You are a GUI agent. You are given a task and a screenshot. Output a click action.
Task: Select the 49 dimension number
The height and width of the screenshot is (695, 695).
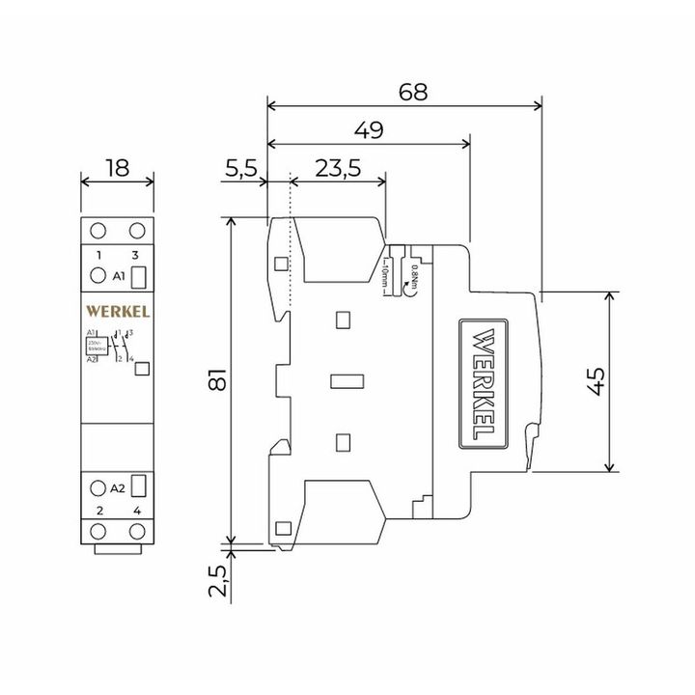click(x=366, y=129)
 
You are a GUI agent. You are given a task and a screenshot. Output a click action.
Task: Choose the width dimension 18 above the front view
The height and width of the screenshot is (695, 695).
click(x=117, y=168)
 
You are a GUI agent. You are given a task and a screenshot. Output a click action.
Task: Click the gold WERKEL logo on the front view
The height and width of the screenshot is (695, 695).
click(x=116, y=311)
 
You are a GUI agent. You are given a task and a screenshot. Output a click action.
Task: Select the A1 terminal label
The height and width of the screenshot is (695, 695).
click(x=119, y=276)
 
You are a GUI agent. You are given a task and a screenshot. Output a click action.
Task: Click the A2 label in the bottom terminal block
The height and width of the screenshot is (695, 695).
click(x=119, y=487)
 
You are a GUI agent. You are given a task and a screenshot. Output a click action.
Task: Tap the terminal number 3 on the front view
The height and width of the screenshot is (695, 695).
click(x=137, y=254)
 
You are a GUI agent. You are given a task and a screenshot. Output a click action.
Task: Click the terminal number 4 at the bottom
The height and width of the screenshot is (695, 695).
click(x=137, y=510)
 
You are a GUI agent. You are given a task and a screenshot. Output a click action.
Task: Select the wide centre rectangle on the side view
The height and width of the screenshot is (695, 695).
click(x=345, y=380)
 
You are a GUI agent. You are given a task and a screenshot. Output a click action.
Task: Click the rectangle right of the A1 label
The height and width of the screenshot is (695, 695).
click(x=138, y=277)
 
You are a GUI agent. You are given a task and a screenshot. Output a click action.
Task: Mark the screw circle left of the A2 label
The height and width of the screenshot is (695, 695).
click(x=97, y=487)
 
